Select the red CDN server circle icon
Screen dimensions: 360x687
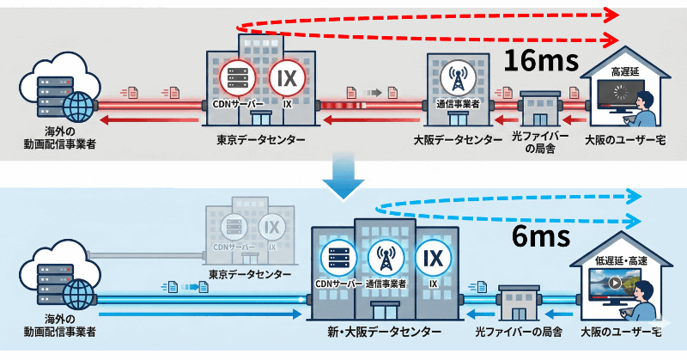click(236, 77)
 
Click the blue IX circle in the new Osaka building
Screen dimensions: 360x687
click(433, 257)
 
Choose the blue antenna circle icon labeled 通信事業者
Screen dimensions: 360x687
click(385, 257)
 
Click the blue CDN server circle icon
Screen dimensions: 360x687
click(336, 257)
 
